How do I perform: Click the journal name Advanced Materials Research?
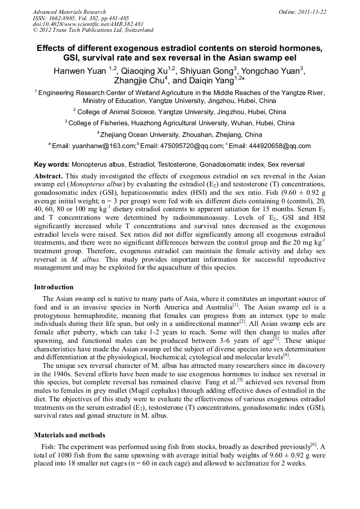(x=70, y=12)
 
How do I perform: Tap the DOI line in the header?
(x=88, y=24)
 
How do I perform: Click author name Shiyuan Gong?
(x=207, y=70)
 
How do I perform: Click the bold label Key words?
(x=52, y=165)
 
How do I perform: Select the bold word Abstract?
(x=48, y=176)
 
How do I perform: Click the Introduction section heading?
(x=54, y=287)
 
